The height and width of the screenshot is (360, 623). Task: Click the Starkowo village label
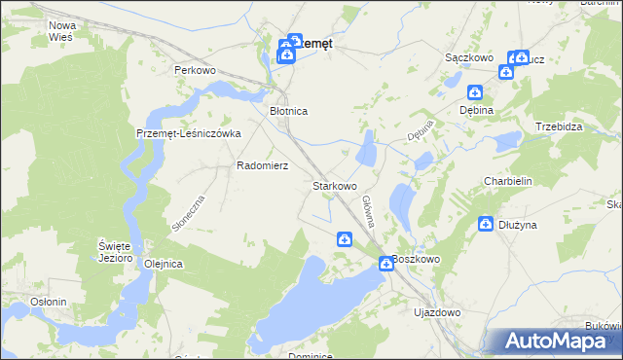(x=334, y=185)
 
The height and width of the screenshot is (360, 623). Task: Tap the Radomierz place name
(x=262, y=165)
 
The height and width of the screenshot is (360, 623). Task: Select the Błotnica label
(x=288, y=112)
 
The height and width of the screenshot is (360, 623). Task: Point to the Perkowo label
(x=194, y=71)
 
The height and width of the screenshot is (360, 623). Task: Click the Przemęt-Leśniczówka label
(x=188, y=134)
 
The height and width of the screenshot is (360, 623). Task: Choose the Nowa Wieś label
(x=62, y=30)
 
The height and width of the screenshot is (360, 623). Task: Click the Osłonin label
(x=48, y=302)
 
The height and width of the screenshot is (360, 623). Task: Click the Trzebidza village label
(x=559, y=127)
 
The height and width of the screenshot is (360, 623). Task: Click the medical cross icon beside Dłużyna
(x=486, y=225)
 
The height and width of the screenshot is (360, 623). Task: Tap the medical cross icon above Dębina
(x=475, y=93)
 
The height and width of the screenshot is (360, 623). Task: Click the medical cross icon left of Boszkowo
(x=385, y=263)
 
